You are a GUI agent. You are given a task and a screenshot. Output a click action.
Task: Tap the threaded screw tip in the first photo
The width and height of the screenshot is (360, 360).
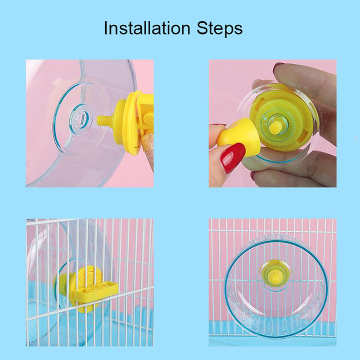point(106,121)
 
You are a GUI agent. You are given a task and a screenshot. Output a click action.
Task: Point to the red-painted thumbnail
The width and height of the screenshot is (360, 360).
point(234,158)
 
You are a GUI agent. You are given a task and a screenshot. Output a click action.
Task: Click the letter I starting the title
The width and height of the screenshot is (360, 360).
point(106,28)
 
